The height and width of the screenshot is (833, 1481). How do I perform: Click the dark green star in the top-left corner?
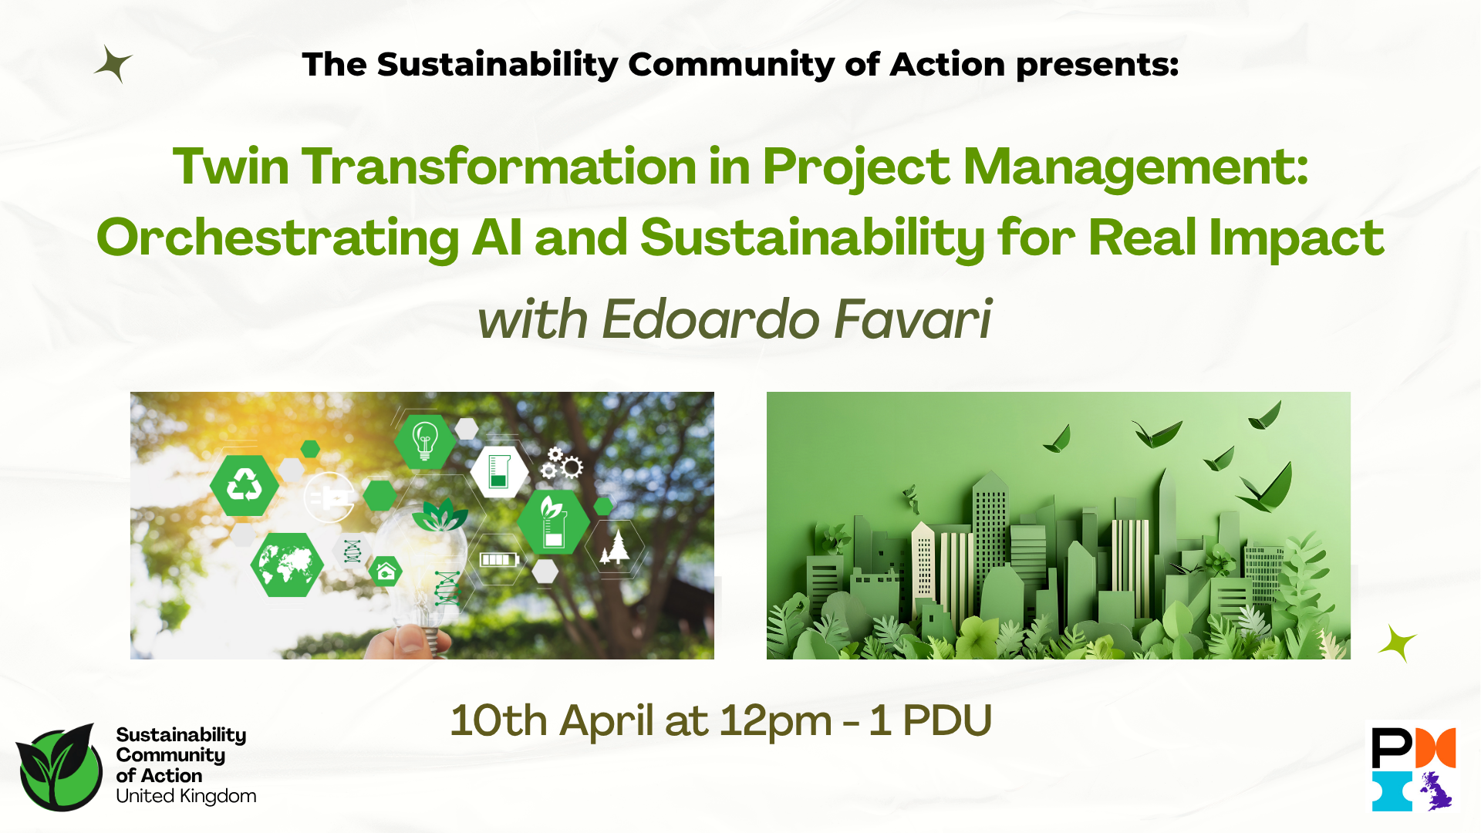coord(113,64)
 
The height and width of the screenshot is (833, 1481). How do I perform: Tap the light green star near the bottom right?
coord(1397,643)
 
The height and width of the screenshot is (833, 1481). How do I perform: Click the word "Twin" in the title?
coord(231,167)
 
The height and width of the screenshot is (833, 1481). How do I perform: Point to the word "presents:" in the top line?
coord(1097,65)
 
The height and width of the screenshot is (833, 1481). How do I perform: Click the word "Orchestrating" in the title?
coord(278,238)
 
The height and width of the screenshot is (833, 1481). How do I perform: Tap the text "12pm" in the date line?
coord(775,721)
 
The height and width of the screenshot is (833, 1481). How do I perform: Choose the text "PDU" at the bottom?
coord(946,721)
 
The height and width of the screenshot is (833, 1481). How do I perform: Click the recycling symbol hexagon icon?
coord(245,486)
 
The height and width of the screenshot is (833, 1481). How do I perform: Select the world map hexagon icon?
coord(287,565)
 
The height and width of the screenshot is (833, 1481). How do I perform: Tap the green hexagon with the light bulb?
coord(424,441)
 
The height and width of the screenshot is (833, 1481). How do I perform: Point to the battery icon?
coord(498,559)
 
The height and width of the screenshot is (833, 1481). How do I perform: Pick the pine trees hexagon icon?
coord(615,547)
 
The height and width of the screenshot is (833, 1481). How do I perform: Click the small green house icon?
coord(386,572)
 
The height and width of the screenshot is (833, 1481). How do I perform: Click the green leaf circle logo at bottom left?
coord(59,767)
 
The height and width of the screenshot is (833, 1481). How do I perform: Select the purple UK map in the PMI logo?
coord(1435,791)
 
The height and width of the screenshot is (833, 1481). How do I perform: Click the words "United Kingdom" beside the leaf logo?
coord(186,796)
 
